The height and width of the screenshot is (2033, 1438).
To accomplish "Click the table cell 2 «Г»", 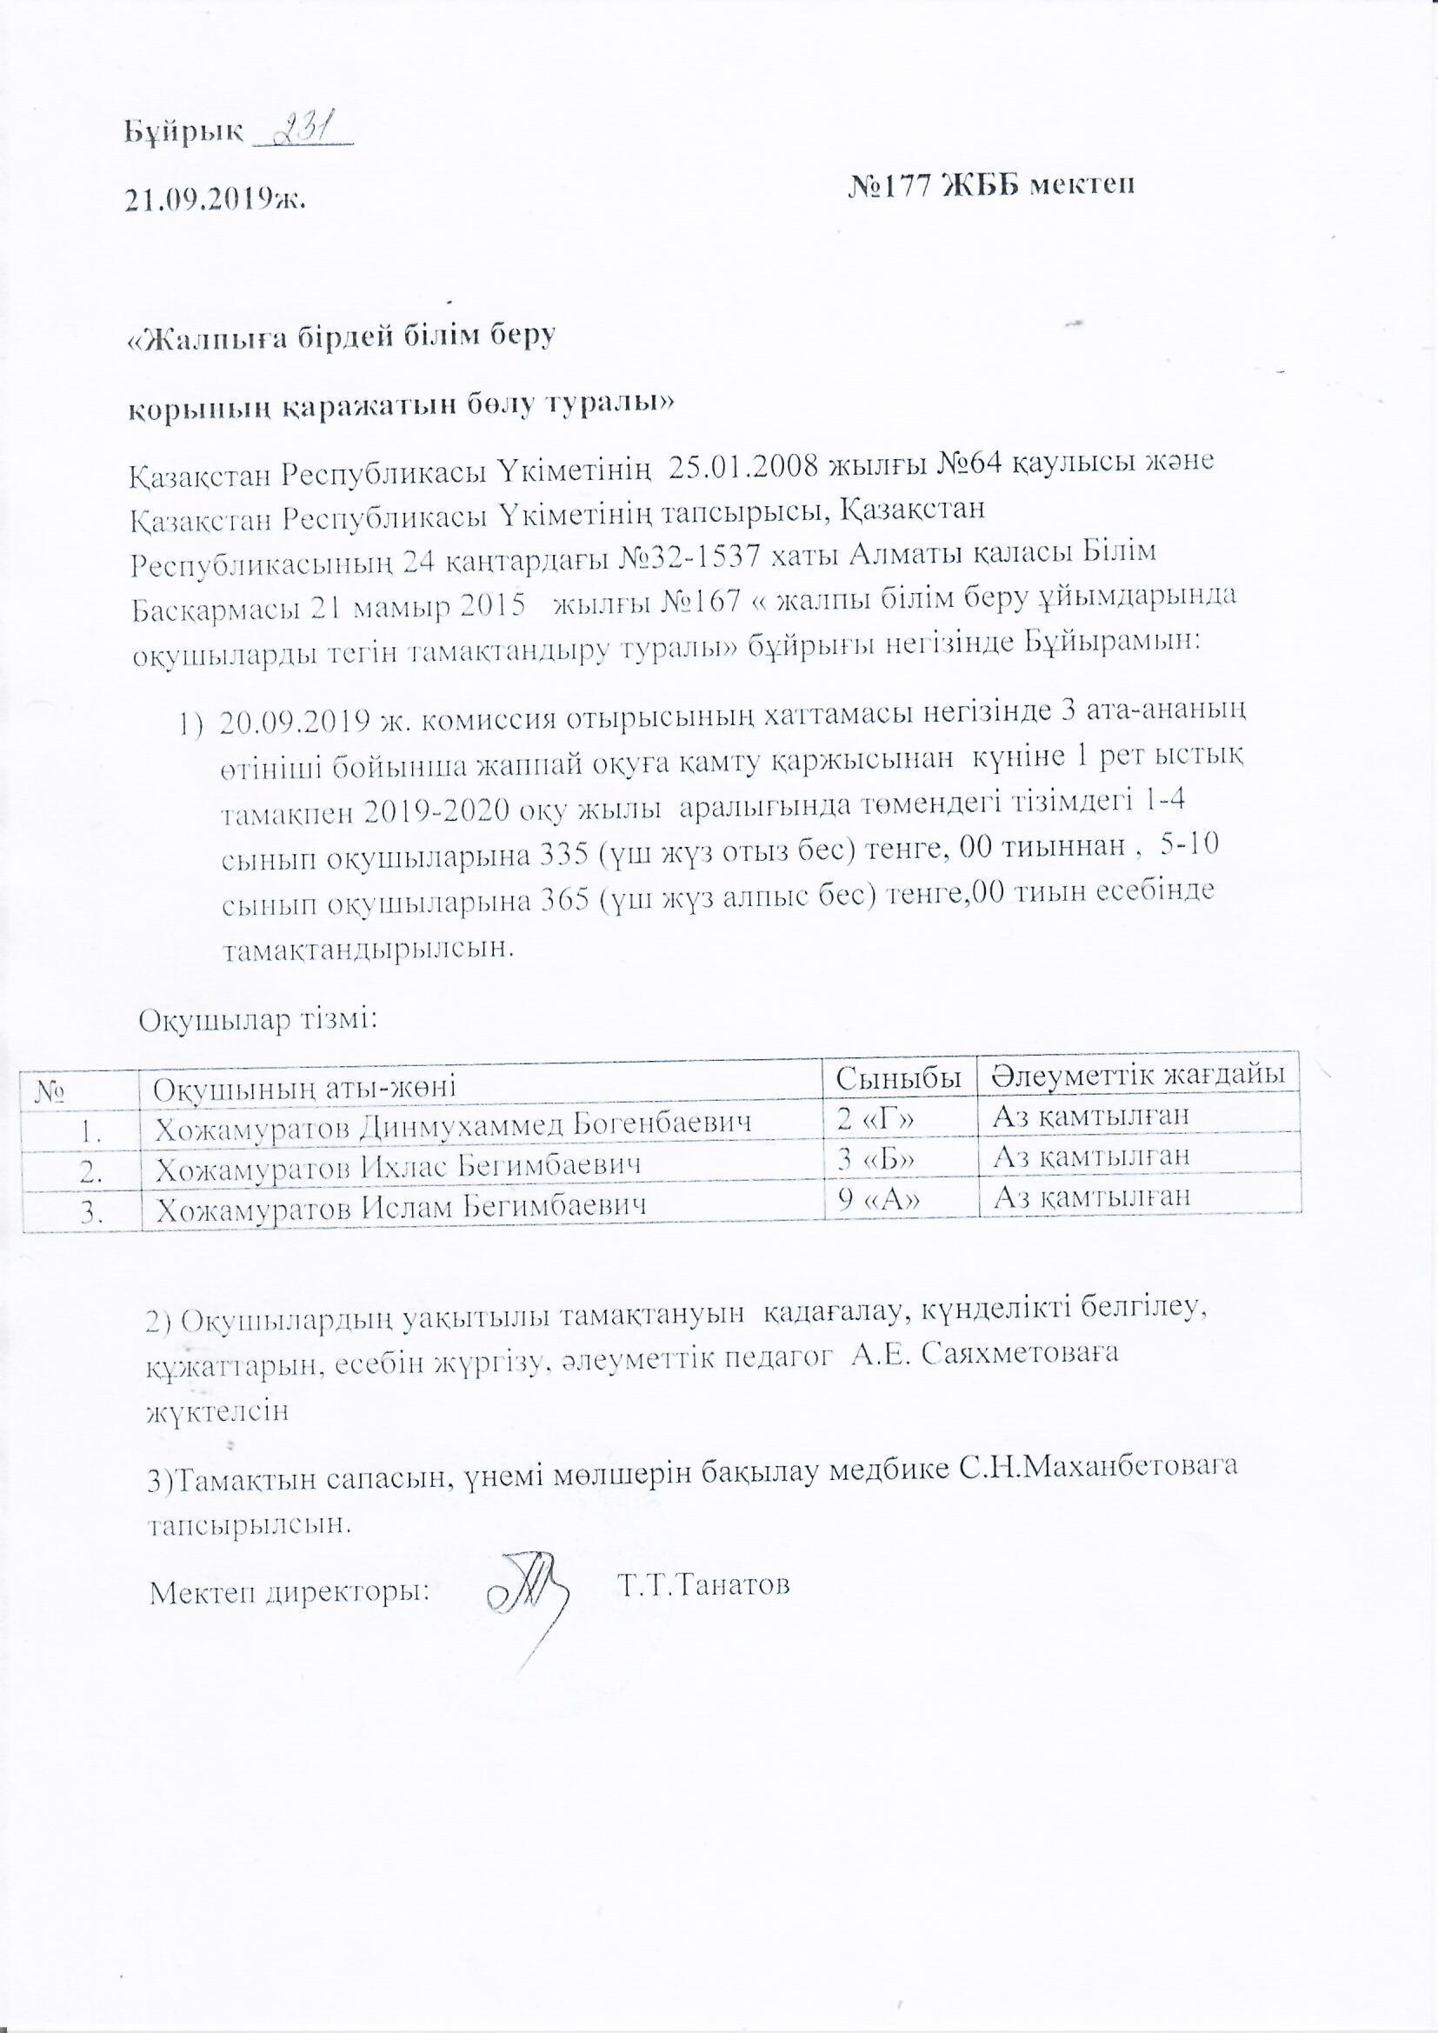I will click(875, 1118).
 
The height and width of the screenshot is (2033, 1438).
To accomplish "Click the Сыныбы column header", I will click(899, 1076).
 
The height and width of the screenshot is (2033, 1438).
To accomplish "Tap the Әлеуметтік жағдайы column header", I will click(1139, 1075).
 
